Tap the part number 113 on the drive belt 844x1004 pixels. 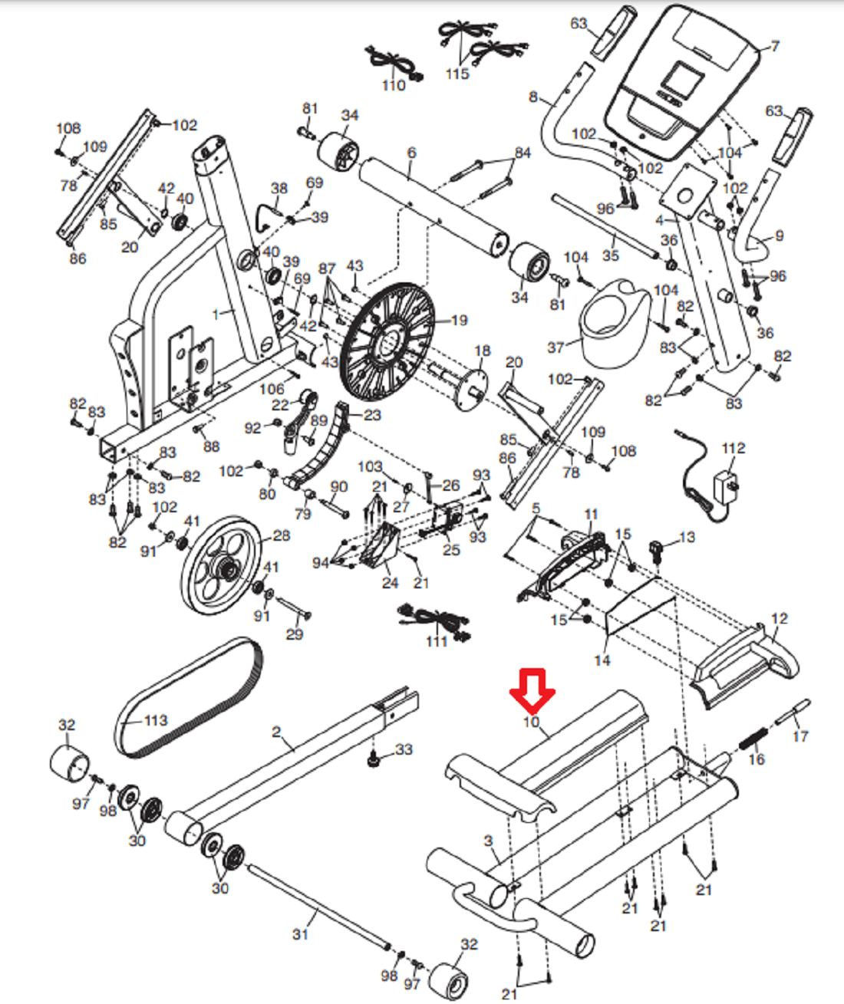click(x=156, y=720)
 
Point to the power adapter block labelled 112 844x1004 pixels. click(x=727, y=489)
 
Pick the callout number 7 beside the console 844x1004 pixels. click(x=775, y=46)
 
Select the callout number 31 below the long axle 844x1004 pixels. click(x=300, y=934)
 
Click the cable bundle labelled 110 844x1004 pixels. click(x=395, y=63)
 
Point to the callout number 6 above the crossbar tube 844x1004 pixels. click(x=411, y=153)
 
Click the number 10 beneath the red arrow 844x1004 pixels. click(x=531, y=722)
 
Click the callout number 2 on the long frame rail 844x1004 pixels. click(x=275, y=732)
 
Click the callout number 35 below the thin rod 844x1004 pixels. click(x=610, y=255)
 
